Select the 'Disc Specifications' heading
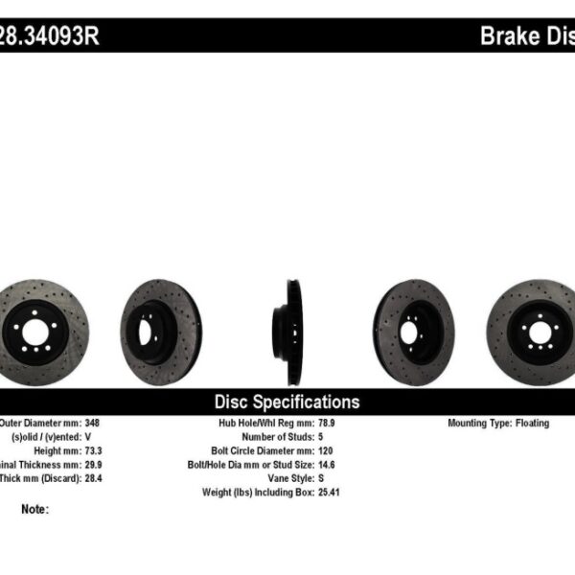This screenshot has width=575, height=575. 287,402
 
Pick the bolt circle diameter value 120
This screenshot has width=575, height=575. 324,450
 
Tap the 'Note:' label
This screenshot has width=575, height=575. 34,509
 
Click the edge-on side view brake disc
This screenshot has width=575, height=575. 287,319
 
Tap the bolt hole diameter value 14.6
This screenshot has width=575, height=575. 327,464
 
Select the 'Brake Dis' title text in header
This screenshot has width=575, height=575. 526,36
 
